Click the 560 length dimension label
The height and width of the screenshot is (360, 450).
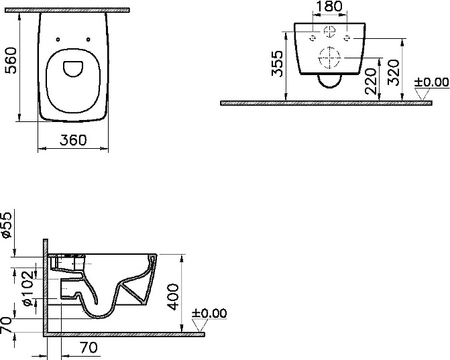point(11,60)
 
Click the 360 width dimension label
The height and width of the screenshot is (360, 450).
point(73,140)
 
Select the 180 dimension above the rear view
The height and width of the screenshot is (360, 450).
point(329,6)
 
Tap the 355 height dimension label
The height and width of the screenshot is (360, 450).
point(278,64)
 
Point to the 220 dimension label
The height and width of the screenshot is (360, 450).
point(370,81)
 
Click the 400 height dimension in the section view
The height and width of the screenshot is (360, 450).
point(173,297)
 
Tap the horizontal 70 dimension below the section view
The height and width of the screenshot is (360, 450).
point(89,348)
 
